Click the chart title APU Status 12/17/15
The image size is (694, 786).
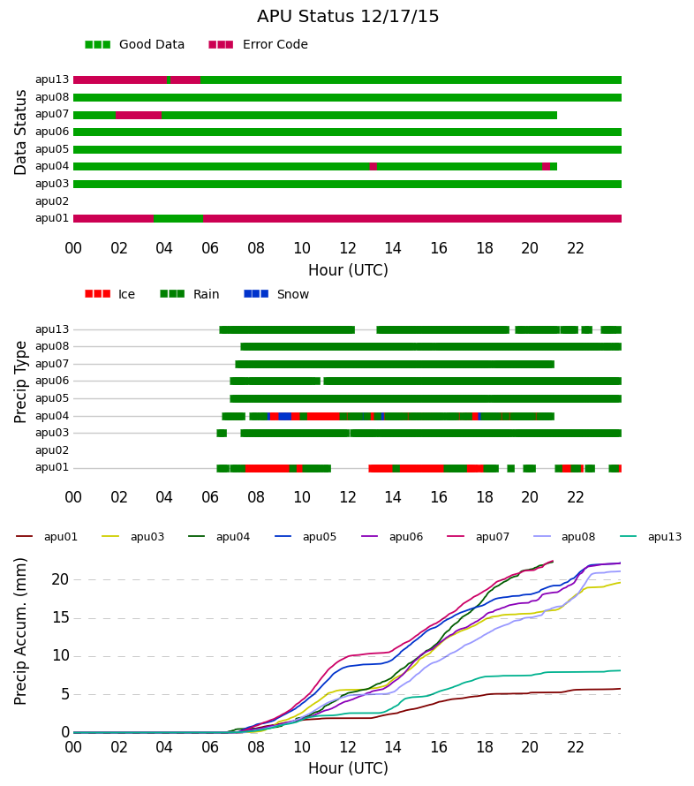click(348, 17)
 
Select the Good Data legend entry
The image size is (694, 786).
click(135, 45)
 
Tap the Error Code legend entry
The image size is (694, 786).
click(258, 45)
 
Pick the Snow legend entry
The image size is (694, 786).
click(276, 294)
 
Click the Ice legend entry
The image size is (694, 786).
click(110, 294)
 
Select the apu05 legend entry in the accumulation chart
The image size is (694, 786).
click(306, 537)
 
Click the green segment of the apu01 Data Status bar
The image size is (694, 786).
click(178, 218)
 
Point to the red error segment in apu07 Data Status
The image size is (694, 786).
click(139, 116)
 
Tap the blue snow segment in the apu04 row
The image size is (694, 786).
click(284, 416)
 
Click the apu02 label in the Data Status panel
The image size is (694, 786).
click(51, 201)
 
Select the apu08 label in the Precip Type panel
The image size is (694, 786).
click(51, 346)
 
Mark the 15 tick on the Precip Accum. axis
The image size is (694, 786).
click(61, 617)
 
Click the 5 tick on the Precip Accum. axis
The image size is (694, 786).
click(65, 694)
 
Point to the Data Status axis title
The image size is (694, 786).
click(20, 132)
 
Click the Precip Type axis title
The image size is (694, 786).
click(20, 382)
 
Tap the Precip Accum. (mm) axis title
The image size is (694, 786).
click(20, 631)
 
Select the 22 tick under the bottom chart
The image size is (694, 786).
click(576, 747)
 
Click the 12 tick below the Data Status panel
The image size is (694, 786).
click(347, 248)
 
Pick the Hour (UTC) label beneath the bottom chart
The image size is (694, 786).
click(348, 768)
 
